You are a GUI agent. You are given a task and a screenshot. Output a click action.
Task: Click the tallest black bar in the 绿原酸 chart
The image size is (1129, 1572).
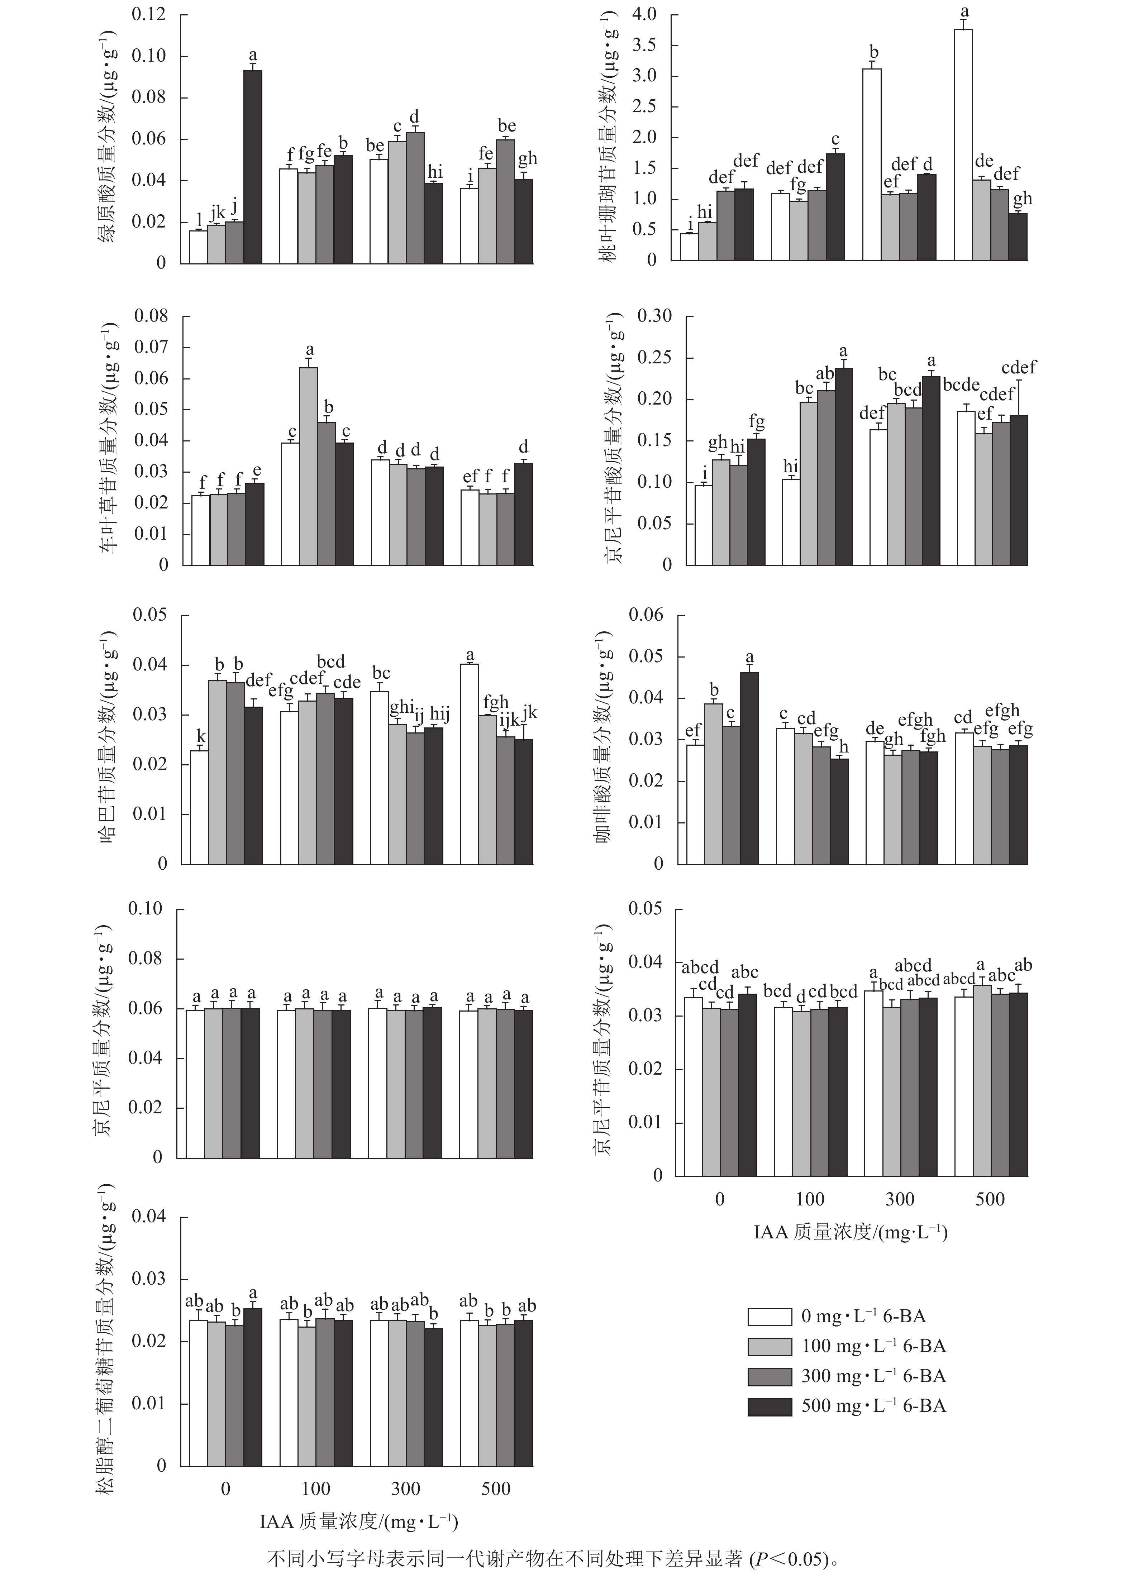pos(252,166)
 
